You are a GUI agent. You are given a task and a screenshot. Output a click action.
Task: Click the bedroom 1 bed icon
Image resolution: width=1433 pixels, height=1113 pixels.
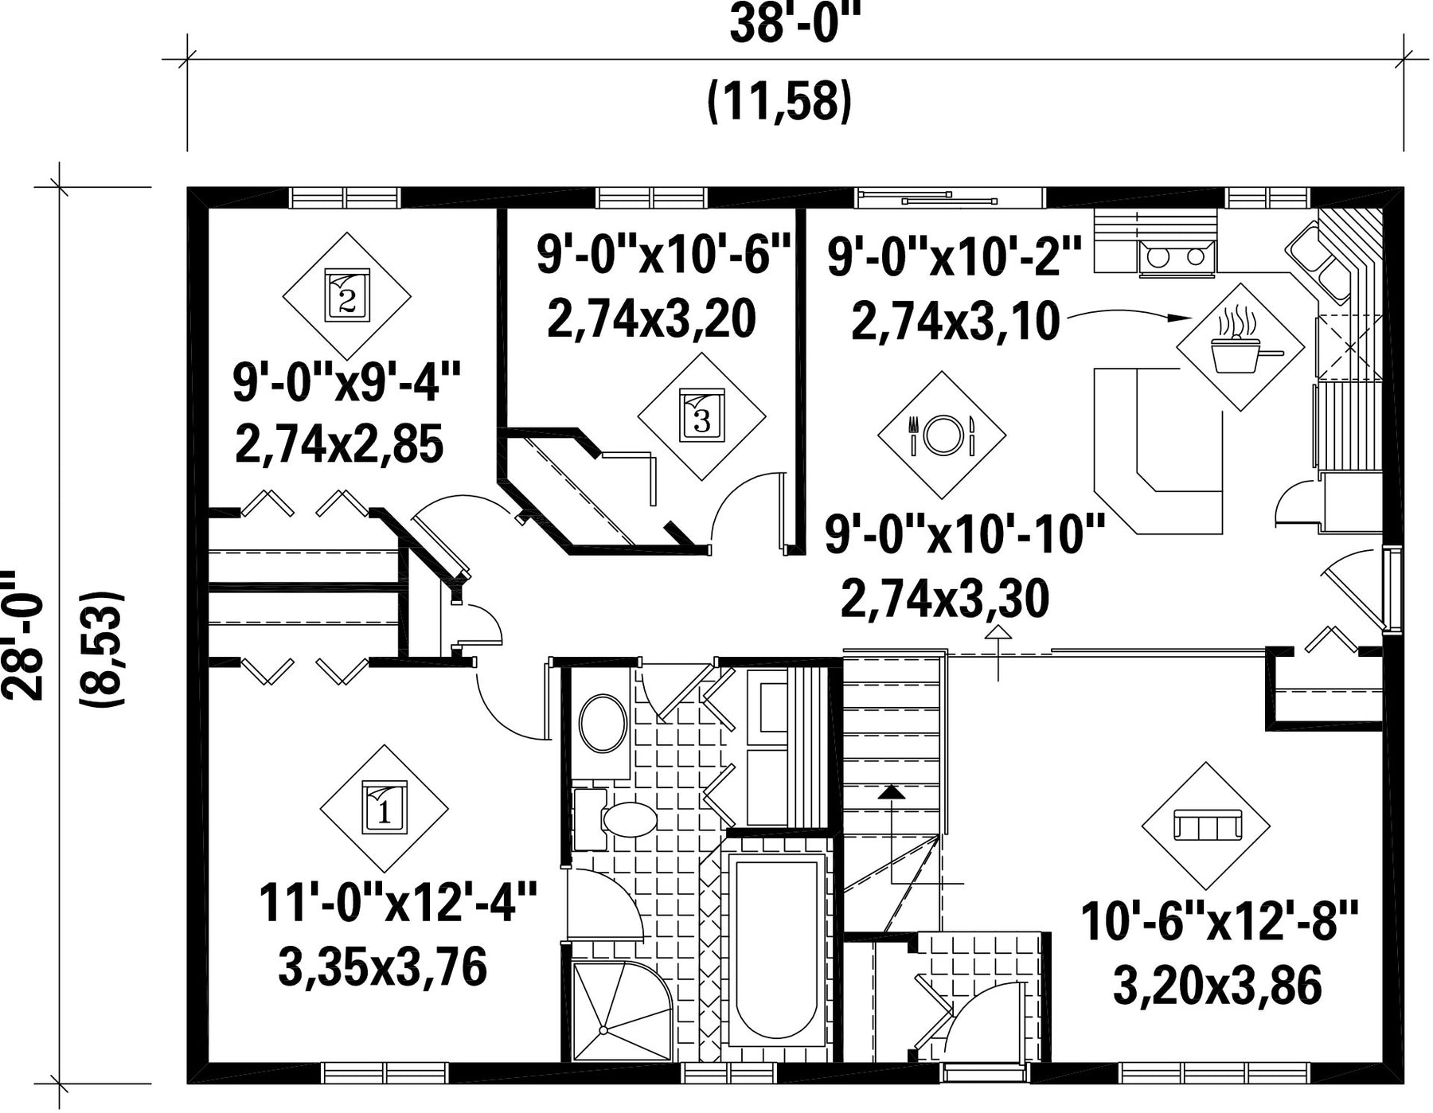point(385,806)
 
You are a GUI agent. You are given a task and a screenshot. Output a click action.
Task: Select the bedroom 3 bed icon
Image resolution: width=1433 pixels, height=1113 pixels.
point(702,415)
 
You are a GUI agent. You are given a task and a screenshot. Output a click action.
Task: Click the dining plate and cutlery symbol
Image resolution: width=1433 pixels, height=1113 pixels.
point(942,435)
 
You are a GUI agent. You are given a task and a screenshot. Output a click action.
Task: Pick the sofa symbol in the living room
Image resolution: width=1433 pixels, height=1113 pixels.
point(1207,825)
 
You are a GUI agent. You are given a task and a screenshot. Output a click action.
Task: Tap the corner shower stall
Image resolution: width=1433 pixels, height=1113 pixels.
point(623,1011)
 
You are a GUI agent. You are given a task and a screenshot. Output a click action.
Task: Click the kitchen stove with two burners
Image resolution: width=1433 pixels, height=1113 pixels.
point(1177,257)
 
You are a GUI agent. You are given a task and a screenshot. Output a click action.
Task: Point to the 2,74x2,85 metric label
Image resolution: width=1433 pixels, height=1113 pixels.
point(339,444)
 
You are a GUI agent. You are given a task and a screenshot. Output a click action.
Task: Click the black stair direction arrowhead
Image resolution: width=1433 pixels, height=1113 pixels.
point(892,791)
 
